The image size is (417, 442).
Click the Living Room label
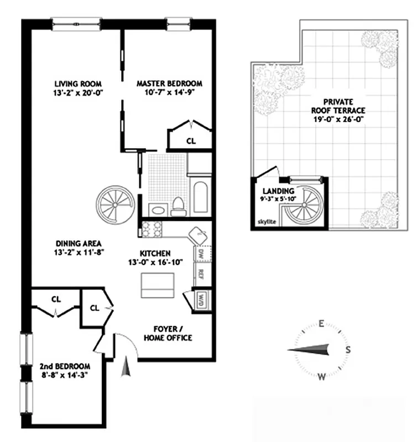pos(71,84)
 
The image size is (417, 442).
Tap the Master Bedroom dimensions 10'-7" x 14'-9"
pos(170,93)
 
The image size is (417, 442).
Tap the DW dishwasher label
pos(200,254)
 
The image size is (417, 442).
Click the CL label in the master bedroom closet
pos(191,141)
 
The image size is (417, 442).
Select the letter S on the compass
pos(348,350)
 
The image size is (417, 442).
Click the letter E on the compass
pos(321,324)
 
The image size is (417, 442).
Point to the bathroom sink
pos(158,208)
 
